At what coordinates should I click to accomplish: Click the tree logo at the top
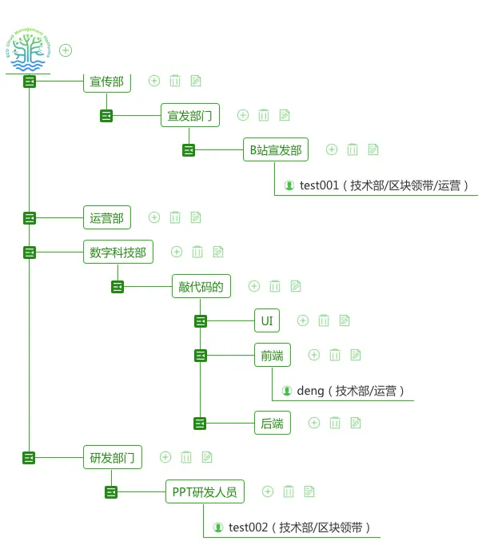[29, 50]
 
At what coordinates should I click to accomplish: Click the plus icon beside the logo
[66, 50]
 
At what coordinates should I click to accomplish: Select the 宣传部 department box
[106, 82]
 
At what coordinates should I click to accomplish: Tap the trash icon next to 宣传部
[175, 81]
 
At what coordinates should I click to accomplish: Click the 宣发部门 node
[189, 115]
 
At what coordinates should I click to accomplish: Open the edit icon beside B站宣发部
[373, 149]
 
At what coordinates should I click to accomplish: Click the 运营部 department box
[106, 217]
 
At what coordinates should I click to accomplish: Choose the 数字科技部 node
[118, 252]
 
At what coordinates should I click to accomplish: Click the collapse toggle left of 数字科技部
[30, 253]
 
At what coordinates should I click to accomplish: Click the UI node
[267, 320]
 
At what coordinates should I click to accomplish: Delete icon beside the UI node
[324, 320]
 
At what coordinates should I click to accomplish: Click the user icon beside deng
[287, 391]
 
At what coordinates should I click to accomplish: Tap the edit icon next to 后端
[356, 423]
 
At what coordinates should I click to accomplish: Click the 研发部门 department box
[113, 457]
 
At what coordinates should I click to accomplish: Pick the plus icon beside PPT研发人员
[268, 491]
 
